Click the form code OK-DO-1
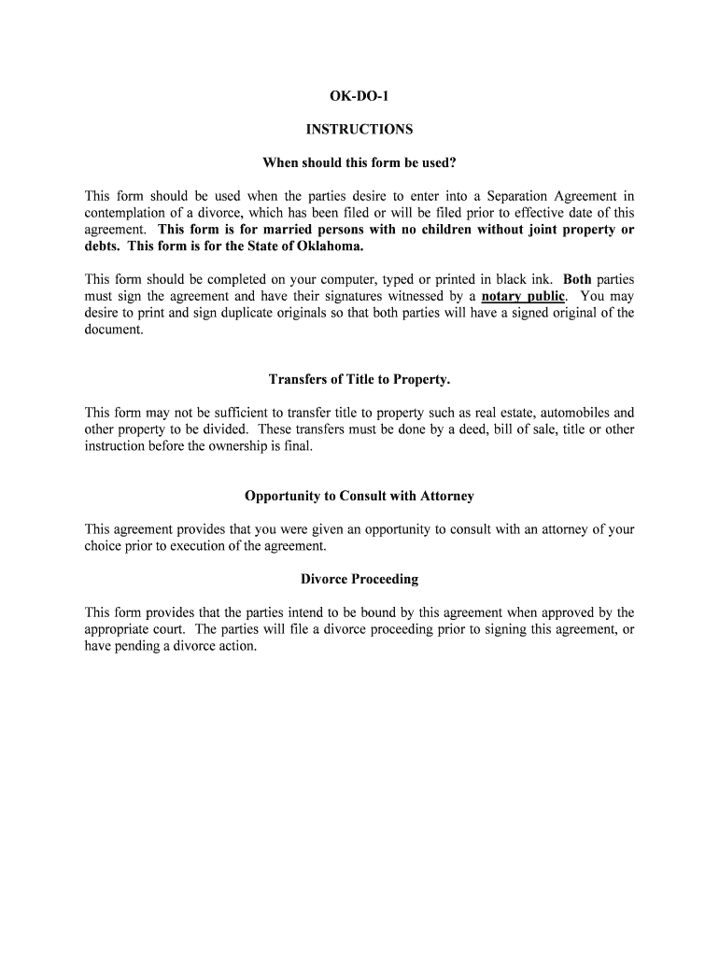click(x=359, y=96)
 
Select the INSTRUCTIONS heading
click(x=359, y=130)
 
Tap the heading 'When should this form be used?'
click(x=359, y=163)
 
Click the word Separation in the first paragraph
click(x=516, y=196)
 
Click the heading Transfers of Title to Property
click(x=359, y=379)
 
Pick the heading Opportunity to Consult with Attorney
click(x=359, y=496)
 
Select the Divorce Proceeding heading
click(x=359, y=579)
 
